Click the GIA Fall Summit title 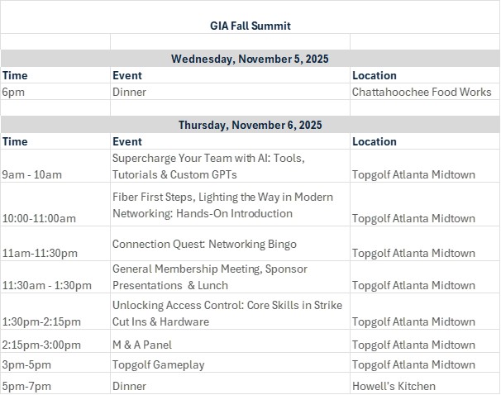[250, 26]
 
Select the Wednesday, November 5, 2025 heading [250, 59]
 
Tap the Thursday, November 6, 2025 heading [250, 125]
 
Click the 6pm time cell [13, 92]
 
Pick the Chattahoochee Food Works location [422, 92]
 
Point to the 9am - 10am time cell [32, 174]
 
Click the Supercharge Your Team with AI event [208, 166]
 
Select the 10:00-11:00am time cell [39, 218]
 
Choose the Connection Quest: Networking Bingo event [204, 245]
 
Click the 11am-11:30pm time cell [40, 253]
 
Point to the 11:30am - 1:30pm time [46, 285]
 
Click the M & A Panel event [142, 345]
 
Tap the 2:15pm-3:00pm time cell [41, 345]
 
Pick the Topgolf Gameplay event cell [159, 365]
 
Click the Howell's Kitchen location [394, 387]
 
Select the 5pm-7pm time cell [26, 387]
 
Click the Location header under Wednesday [375, 75]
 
